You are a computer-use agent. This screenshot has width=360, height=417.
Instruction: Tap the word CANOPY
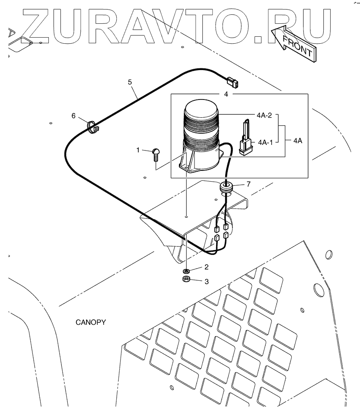pyautogui.click(x=91, y=322)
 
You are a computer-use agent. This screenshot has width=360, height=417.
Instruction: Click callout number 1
pyautogui.click(x=138, y=150)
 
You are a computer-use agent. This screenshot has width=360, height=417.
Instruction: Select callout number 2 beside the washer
pyautogui.click(x=206, y=267)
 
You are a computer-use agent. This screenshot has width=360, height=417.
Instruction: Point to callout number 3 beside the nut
pyautogui.click(x=207, y=281)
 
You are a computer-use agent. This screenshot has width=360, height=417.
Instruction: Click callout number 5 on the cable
pyautogui.click(x=129, y=81)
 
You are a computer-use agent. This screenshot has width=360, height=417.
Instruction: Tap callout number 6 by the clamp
pyautogui.click(x=73, y=115)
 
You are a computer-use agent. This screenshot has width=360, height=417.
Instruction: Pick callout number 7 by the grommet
pyautogui.click(x=248, y=184)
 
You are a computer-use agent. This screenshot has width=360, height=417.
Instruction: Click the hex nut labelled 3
pyautogui.click(x=187, y=279)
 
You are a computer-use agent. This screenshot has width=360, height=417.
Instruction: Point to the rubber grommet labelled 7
pyautogui.click(x=226, y=187)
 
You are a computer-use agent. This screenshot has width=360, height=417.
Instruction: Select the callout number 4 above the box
pyautogui.click(x=226, y=93)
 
